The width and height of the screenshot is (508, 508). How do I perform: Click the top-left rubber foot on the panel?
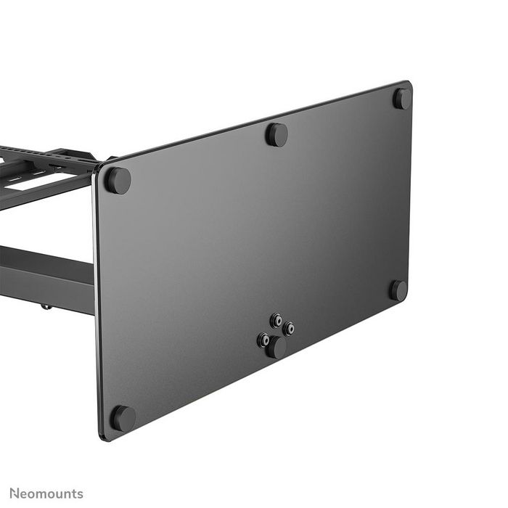pos(117,180)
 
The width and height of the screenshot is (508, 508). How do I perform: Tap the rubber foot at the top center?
pos(276,134)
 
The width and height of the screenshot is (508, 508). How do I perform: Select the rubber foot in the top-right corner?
pos(402,98)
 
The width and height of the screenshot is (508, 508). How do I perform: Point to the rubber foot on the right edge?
pos(398,290)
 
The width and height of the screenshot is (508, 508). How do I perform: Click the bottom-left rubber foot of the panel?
pos(123,418)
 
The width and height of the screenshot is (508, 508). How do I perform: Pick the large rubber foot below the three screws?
pos(276,348)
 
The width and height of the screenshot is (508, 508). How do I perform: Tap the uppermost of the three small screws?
pos(276,319)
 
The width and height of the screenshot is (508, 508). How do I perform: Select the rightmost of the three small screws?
pos(289,329)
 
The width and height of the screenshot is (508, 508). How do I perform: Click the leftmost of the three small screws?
pos(264,339)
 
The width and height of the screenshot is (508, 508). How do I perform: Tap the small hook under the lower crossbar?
pos(46,306)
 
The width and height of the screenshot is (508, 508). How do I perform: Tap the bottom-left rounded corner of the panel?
pos(104,435)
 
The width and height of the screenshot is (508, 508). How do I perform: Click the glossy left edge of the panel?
pos(96,305)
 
